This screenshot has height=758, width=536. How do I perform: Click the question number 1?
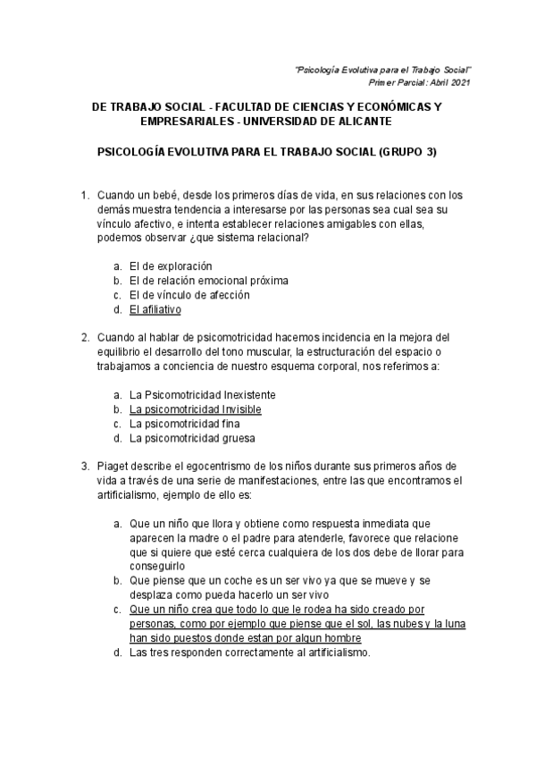(85, 195)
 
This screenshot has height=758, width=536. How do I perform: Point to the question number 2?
(85, 337)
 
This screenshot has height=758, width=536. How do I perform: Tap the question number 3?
(85, 466)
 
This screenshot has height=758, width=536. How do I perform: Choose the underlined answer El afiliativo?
(155, 309)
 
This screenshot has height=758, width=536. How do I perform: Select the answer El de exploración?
(171, 265)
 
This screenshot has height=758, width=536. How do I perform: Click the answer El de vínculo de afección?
(189, 294)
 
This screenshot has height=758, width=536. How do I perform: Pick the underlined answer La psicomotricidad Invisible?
(196, 408)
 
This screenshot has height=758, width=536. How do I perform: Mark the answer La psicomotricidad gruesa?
(192, 438)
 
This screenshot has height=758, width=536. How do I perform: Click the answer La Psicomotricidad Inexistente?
(203, 394)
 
